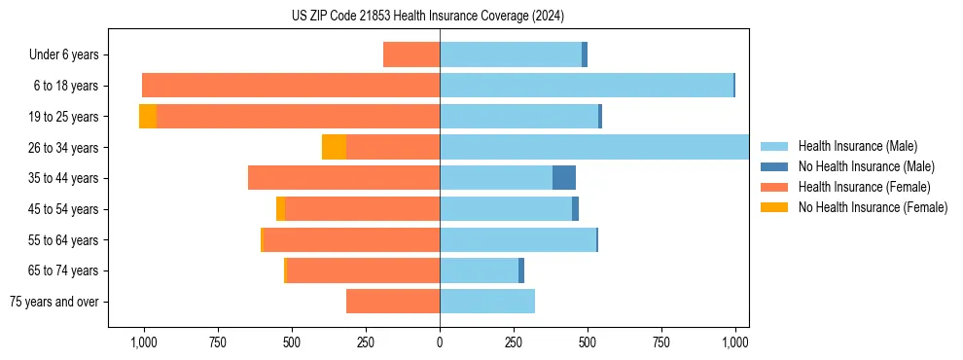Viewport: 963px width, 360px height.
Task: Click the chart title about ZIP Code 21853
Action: tap(428, 17)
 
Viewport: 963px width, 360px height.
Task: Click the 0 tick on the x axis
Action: tap(440, 342)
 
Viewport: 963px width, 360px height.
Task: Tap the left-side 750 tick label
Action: tap(218, 342)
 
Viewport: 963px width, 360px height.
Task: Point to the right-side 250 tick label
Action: tap(514, 342)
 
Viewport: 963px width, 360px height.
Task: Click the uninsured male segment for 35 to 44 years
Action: tap(564, 178)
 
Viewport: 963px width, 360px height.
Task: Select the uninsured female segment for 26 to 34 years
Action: tap(334, 147)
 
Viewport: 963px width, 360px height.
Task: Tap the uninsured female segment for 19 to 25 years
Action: tap(148, 116)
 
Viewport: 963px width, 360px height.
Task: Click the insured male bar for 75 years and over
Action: tap(487, 302)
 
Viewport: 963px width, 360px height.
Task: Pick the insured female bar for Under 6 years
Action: tap(411, 54)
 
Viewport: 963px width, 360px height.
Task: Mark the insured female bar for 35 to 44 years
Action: tap(343, 178)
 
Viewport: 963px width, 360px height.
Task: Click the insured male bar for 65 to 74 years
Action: tap(479, 270)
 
